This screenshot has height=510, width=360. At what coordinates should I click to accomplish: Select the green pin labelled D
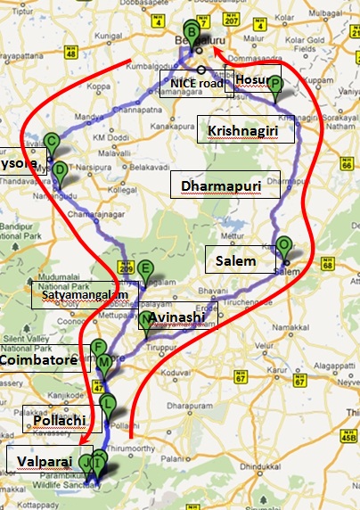pyautogui.click(x=60, y=170)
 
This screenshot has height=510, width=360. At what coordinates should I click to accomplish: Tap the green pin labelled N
pyautogui.click(x=145, y=320)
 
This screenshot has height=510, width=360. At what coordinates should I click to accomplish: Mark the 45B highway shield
pyautogui.click(x=345, y=437)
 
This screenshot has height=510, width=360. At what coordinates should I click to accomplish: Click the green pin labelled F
pyautogui.click(x=99, y=350)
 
